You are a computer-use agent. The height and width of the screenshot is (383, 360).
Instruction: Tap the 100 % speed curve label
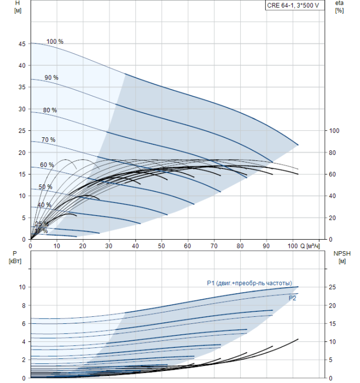pos(55,42)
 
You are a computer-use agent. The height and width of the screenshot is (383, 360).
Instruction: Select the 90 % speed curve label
pos(51,78)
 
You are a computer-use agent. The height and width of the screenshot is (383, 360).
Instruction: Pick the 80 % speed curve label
pos(50,111)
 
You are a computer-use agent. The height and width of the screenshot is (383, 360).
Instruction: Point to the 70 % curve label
pos(48,140)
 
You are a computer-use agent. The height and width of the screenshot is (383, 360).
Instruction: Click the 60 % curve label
pos(47,165)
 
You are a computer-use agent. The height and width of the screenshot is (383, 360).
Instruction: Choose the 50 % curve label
pos(45,187)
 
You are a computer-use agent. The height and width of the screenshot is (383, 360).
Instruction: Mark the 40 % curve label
pos(44,205)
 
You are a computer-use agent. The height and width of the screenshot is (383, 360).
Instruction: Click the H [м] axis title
pos(18,7)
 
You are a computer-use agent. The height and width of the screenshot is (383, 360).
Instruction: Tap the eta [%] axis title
pos(339,7)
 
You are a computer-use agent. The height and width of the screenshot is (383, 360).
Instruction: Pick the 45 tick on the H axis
pos(22,43)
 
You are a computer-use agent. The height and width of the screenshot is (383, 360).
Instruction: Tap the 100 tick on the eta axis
pos(334,131)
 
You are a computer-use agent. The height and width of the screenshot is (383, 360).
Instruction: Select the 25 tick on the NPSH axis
pos(332,287)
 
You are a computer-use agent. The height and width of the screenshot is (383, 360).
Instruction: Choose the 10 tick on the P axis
pos(22,287)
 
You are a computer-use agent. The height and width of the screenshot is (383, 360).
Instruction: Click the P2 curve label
pos(293,298)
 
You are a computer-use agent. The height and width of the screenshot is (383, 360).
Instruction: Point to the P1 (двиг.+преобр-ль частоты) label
pos(249,283)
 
